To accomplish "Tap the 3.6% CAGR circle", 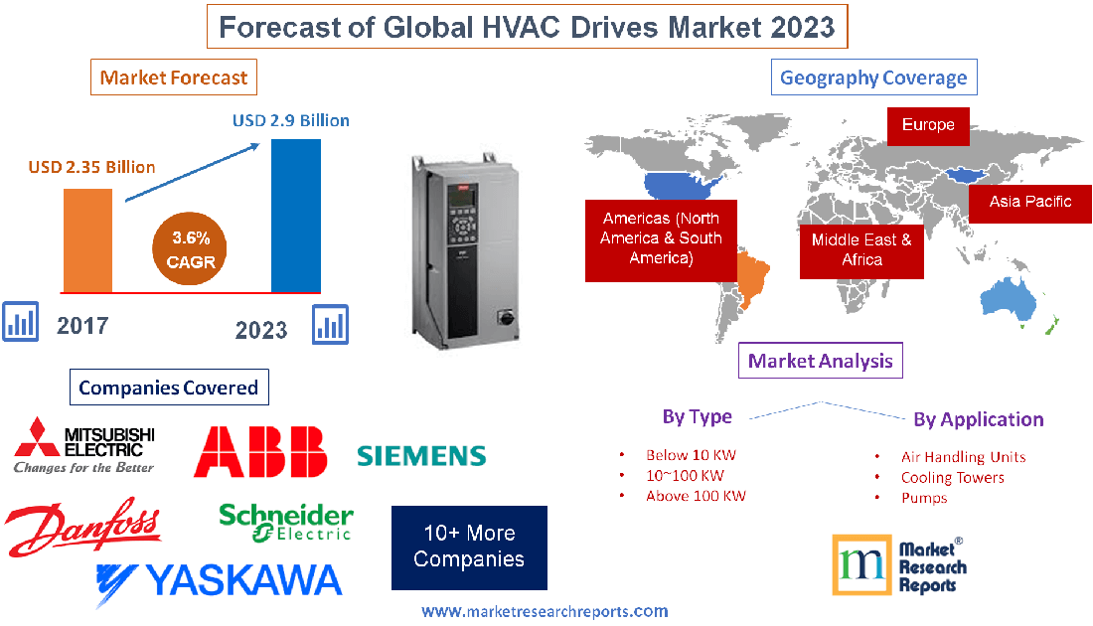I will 191,250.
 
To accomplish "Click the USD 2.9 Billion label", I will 291,120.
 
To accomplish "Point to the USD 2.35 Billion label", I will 91,167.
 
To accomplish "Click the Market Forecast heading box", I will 173,77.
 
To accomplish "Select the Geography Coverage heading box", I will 873,78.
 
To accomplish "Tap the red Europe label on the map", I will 928,125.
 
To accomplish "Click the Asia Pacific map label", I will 1030,202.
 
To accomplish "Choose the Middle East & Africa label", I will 861,249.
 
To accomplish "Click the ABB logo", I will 260,452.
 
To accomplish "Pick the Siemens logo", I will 421,456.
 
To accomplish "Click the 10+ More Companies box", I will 469,548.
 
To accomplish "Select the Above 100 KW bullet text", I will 696,495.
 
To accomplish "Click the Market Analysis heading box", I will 821,361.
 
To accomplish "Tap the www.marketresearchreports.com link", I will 545,611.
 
